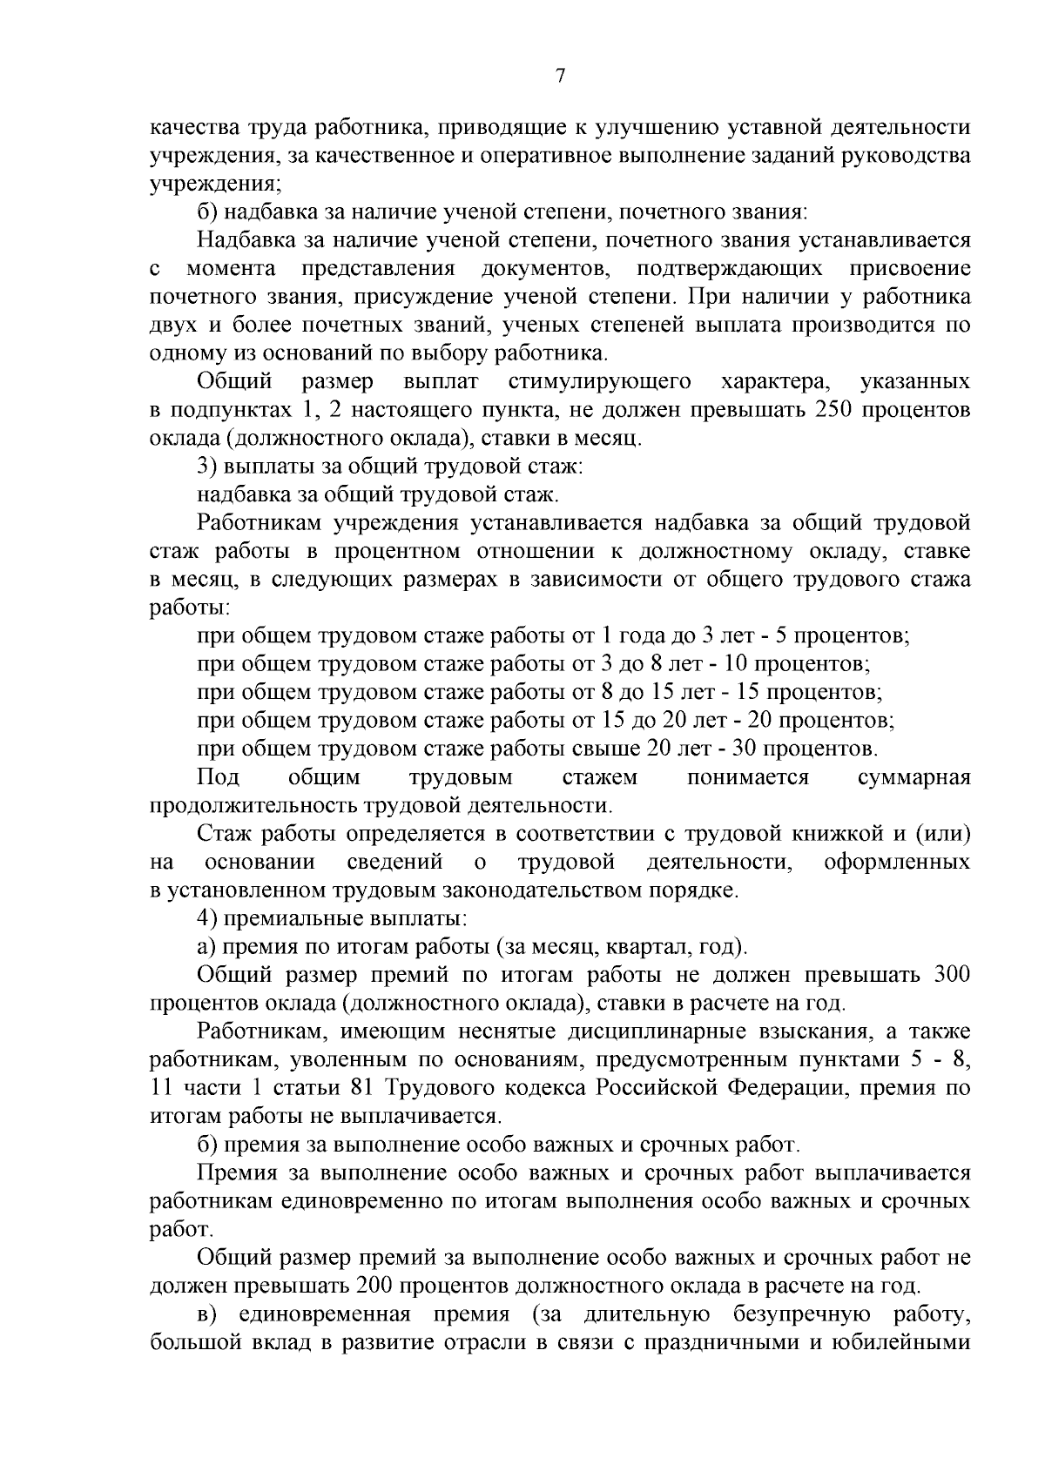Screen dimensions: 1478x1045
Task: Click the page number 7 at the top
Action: (561, 77)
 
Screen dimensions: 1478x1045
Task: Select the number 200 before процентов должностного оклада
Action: (377, 1286)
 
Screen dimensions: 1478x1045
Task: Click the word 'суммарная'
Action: (914, 776)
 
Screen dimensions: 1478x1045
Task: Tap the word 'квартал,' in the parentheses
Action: (658, 947)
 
